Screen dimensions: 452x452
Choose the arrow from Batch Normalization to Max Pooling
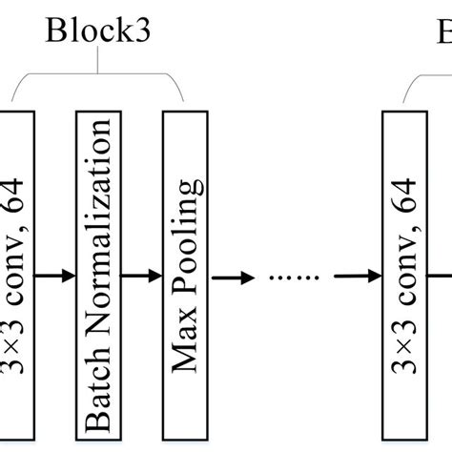coord(142,277)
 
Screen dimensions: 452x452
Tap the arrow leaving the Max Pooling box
coord(231,277)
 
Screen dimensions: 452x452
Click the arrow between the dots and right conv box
coord(356,277)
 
